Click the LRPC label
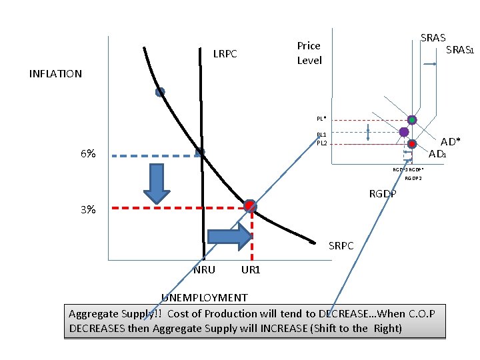225,53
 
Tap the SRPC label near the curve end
342,246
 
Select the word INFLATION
55,74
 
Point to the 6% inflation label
87,153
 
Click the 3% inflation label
87,209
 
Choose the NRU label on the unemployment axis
204,270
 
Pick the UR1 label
251,270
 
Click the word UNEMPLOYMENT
205,297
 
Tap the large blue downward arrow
158,182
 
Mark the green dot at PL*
412,120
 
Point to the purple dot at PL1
404,132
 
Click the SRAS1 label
459,50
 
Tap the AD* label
451,142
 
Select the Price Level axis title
309,53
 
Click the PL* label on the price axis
321,119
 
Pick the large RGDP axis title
383,194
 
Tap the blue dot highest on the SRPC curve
160,93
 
